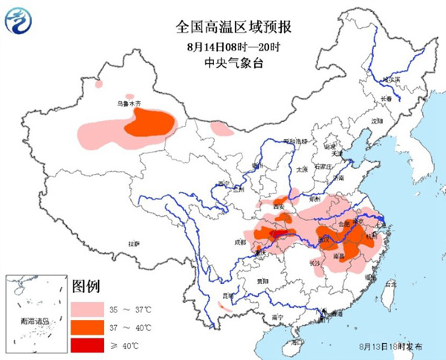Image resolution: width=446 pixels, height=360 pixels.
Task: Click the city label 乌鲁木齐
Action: pyautogui.click(x=128, y=105)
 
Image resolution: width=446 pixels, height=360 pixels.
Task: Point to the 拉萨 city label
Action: pyautogui.click(x=134, y=243)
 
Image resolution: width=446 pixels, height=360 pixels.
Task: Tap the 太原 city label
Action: pyautogui.click(x=302, y=169)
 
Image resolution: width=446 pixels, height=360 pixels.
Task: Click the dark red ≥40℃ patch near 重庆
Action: pyautogui.click(x=280, y=236)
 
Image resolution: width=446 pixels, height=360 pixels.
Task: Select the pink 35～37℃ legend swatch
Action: pyautogui.click(x=87, y=307)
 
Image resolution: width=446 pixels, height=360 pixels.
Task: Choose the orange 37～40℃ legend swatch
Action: pyautogui.click(x=87, y=327)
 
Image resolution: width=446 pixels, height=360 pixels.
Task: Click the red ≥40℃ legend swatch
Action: pyautogui.click(x=87, y=346)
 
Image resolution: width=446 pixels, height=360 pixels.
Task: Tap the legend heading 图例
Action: pyautogui.click(x=86, y=287)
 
